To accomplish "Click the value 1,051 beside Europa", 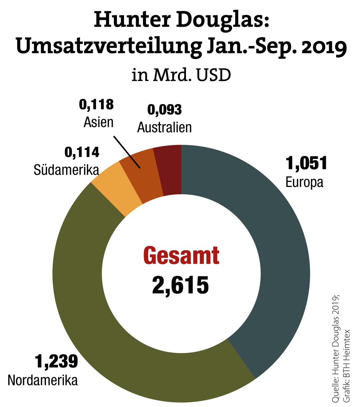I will pyautogui.click(x=306, y=163).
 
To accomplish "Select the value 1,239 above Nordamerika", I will pyautogui.click(x=56, y=361).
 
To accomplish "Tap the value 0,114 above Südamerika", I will pyautogui.click(x=82, y=152).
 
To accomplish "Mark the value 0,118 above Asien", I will pyautogui.click(x=96, y=105).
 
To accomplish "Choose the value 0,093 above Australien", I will pyautogui.click(x=165, y=110).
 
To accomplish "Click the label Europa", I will pyautogui.click(x=304, y=182).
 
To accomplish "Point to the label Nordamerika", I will pyautogui.click(x=43, y=380).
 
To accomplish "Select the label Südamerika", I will pyautogui.click(x=66, y=170).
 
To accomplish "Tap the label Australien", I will pyautogui.click(x=164, y=127).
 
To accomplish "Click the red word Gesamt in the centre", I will pyautogui.click(x=181, y=256).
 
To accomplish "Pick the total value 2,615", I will pyautogui.click(x=181, y=285).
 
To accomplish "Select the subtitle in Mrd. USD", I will pyautogui.click(x=181, y=75).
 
